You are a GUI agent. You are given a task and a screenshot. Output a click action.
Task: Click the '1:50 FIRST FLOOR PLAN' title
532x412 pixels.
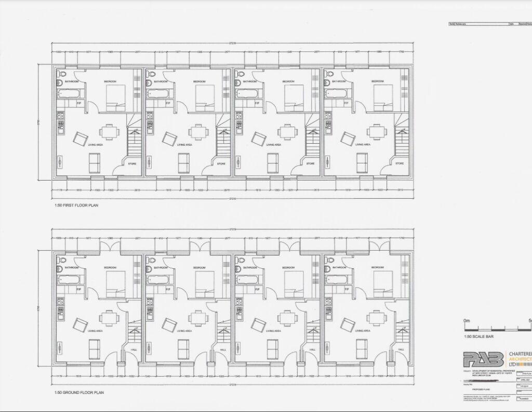point(76,205)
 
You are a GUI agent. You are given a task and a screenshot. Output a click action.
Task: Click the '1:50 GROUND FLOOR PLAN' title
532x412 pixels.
point(79,392)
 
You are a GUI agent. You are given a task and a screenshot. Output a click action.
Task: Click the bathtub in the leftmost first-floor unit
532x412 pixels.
point(69,94)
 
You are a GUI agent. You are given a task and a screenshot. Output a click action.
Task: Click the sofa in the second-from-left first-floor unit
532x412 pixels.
point(184,163)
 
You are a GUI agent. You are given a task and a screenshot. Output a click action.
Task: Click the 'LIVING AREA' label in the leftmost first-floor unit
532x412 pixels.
point(95,145)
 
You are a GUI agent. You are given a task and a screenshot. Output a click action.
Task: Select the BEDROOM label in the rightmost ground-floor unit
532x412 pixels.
point(378,268)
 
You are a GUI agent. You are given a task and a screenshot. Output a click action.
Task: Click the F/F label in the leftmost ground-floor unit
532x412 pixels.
point(79,289)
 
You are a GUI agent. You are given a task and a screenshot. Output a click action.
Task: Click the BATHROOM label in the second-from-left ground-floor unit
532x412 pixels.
point(161,268)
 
